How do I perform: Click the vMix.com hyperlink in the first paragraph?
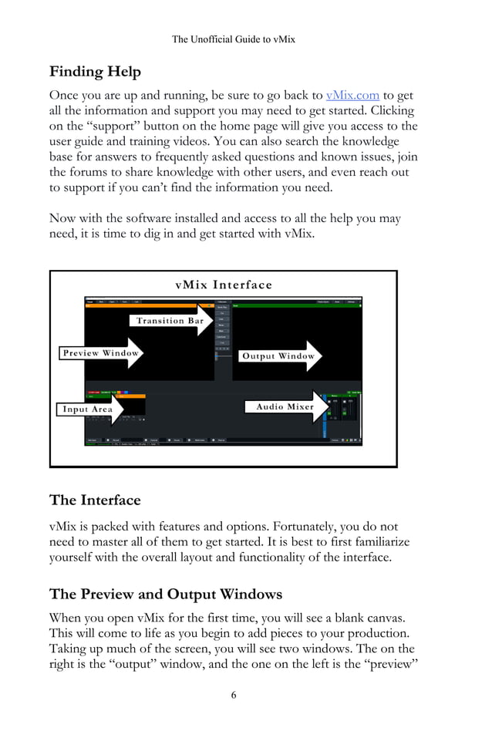tap(352, 95)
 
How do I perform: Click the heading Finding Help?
tap(95, 72)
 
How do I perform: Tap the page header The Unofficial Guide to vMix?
tap(233, 39)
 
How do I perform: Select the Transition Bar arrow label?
tap(170, 320)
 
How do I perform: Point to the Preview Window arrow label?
tap(101, 353)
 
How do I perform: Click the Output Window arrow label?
tap(278, 356)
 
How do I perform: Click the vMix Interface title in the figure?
tap(224, 285)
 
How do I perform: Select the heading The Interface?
tap(95, 500)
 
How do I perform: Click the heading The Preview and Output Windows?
tap(166, 594)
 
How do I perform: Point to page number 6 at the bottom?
tap(234, 695)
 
